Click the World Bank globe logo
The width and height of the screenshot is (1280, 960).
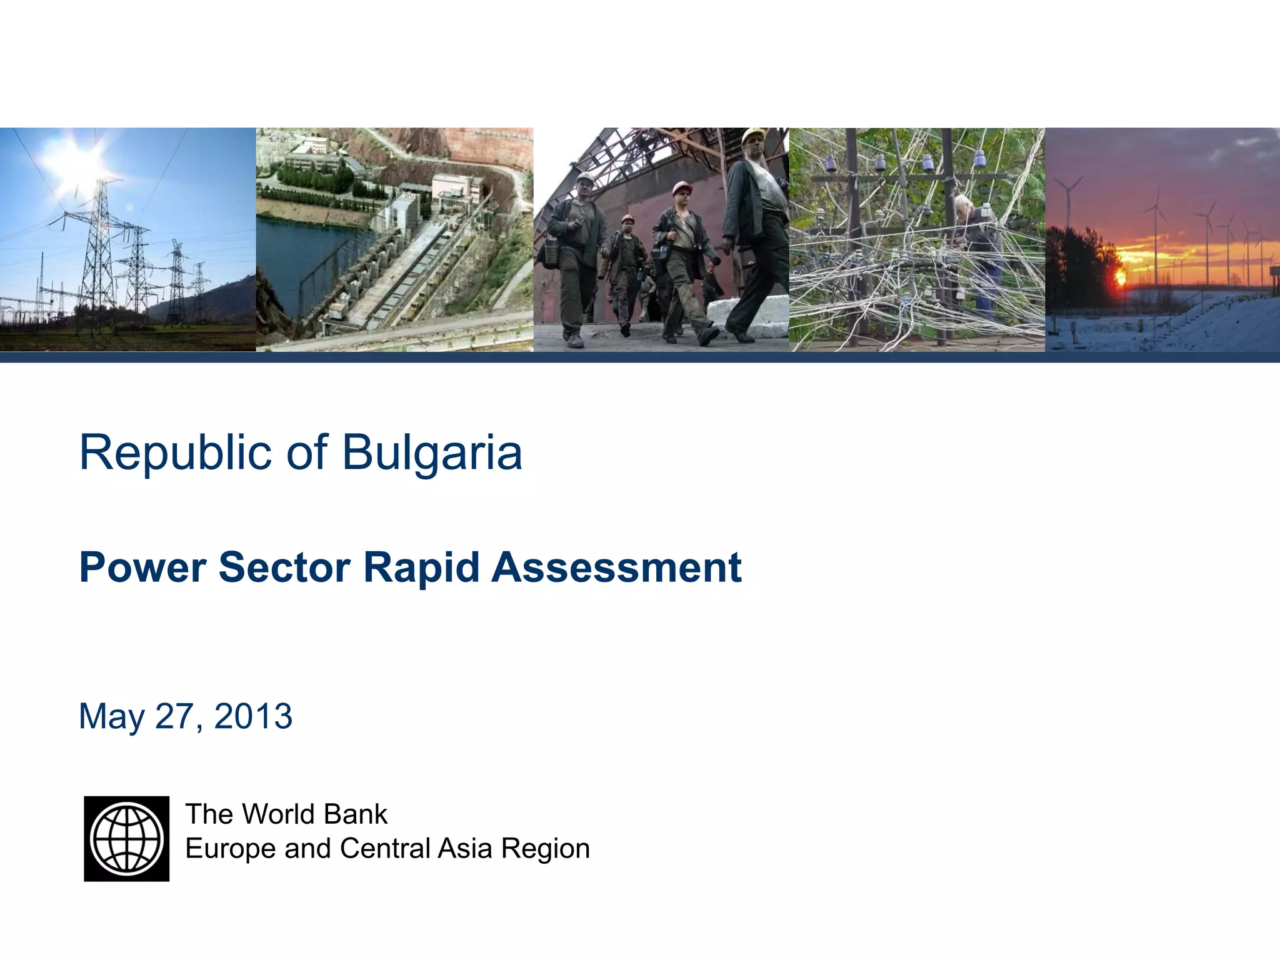tap(126, 838)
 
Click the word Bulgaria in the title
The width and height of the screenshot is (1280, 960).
tap(432, 452)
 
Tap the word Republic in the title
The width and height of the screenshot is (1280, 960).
tap(176, 452)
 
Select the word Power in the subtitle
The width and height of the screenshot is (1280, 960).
tap(142, 567)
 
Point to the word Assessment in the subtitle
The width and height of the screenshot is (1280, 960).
tap(616, 567)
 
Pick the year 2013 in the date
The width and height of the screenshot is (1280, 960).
tap(253, 716)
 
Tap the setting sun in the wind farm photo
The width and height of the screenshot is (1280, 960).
tap(1119, 277)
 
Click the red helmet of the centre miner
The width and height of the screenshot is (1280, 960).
tap(682, 187)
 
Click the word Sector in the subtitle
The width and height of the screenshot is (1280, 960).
tap(284, 567)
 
